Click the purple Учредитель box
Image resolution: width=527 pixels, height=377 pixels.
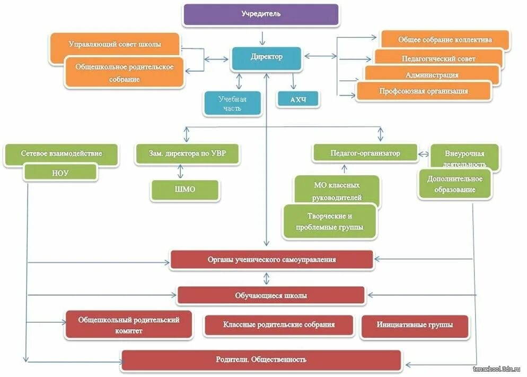point(260,14)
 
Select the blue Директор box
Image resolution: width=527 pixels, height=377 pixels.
point(266,57)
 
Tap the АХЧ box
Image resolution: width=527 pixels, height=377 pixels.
point(298,99)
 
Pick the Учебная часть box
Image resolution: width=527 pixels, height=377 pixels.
point(232,104)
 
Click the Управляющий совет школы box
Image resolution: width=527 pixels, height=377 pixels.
point(115,44)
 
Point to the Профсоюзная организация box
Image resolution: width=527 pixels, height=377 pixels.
point(423,91)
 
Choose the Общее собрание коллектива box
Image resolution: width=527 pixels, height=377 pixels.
point(445,40)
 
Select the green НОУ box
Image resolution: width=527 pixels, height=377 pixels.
point(61,172)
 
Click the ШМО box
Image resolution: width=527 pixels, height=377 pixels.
point(185,190)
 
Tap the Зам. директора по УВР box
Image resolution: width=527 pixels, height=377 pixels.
point(187,153)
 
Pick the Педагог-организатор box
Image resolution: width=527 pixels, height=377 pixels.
point(365,153)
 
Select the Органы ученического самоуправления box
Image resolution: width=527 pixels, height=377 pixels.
point(271,260)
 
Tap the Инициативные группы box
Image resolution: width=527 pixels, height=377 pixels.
point(415,325)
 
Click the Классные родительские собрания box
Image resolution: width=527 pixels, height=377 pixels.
point(278,325)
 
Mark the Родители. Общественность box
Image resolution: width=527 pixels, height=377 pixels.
point(261,359)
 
